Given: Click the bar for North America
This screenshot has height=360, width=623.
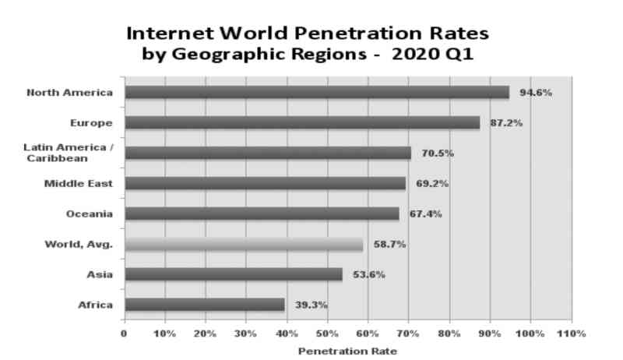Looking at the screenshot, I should pyautogui.click(x=316, y=93).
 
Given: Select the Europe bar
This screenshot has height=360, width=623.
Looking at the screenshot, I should pyautogui.click(x=301, y=122).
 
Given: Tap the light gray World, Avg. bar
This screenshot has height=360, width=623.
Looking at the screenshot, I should pyautogui.click(x=243, y=245).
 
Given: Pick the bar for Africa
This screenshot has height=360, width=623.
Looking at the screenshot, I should pyautogui.click(x=204, y=305).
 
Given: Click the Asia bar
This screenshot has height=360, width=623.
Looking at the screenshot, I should pyautogui.click(x=233, y=274).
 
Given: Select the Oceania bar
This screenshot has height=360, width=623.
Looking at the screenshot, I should pyautogui.click(x=261, y=214).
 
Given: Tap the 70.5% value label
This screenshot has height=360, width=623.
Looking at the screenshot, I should pyautogui.click(x=438, y=154).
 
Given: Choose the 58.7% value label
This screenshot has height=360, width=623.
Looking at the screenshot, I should pyautogui.click(x=389, y=245).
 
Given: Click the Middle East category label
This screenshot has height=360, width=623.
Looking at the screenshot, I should pyautogui.click(x=79, y=183).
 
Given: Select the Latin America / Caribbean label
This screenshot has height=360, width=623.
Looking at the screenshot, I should pyautogui.click(x=69, y=152).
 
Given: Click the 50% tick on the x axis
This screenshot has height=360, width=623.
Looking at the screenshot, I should pyautogui.click(x=327, y=334).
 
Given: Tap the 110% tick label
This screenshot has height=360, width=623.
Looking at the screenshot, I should pyautogui.click(x=571, y=334).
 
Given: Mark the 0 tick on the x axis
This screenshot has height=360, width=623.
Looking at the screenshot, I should pyautogui.click(x=123, y=334).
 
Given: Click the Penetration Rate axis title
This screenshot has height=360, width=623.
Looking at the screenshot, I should pyautogui.click(x=347, y=351).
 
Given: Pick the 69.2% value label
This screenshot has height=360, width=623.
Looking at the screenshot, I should pyautogui.click(x=432, y=184).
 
